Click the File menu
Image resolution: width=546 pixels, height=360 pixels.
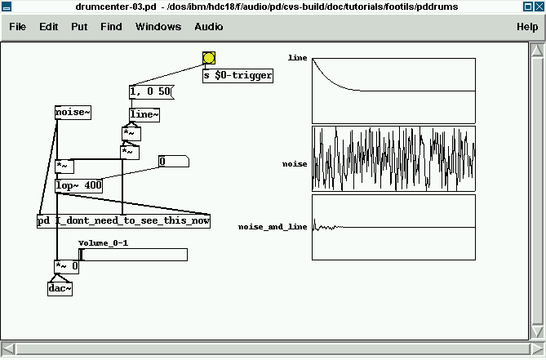coord(17,27)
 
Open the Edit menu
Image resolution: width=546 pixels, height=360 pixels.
coord(48,27)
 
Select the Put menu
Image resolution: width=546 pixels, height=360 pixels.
coord(79,27)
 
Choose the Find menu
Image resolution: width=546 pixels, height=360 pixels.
coord(111,27)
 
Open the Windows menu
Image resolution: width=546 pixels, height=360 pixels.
coord(158,27)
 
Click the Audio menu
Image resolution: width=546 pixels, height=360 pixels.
coord(209,27)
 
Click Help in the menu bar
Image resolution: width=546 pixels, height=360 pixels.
coord(527,27)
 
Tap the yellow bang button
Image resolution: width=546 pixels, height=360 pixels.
coord(209,58)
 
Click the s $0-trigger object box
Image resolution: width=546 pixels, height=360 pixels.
coord(237,76)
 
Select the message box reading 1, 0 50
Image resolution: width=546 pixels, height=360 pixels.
coord(150,92)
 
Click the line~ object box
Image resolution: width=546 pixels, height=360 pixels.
coord(144,115)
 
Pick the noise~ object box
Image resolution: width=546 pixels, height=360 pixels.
coord(73,113)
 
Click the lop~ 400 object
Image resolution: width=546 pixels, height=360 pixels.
coord(79,185)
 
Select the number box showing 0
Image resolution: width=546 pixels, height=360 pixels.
coord(173,162)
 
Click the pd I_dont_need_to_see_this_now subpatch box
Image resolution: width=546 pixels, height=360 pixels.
coord(123,221)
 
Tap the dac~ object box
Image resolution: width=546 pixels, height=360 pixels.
coord(60,288)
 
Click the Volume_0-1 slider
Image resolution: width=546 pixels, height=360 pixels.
coord(133,255)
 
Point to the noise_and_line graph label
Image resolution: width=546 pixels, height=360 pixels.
coord(273,226)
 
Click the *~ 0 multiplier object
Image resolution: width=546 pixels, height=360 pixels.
coord(67,266)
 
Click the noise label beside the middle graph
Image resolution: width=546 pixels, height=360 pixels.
coord(295,164)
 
